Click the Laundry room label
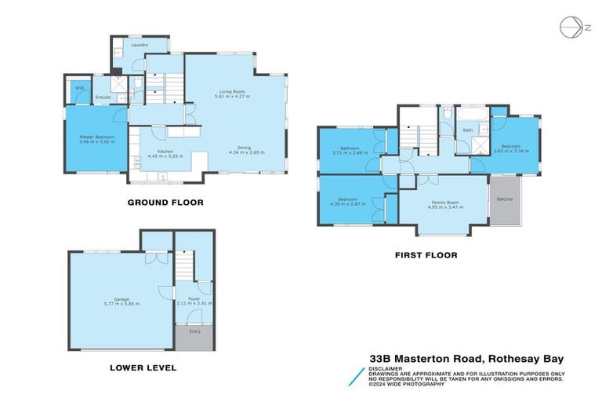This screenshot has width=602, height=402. [x=140, y=46]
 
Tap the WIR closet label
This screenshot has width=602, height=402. [x=79, y=88]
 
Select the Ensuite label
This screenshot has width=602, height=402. [x=103, y=97]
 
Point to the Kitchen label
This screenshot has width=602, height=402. [x=165, y=151]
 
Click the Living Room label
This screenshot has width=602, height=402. [x=232, y=91]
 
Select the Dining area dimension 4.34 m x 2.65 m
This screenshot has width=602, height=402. [x=246, y=152]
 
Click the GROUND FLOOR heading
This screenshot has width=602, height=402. [x=165, y=203]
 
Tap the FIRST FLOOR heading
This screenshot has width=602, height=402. [x=426, y=255]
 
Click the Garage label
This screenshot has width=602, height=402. [x=121, y=298]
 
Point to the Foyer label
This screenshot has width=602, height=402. [x=193, y=298]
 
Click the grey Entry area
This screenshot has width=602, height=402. [x=194, y=331]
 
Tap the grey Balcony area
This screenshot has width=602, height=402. [x=505, y=199]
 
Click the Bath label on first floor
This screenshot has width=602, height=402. [x=467, y=130]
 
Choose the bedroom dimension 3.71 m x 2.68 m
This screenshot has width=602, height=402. [x=350, y=152]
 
